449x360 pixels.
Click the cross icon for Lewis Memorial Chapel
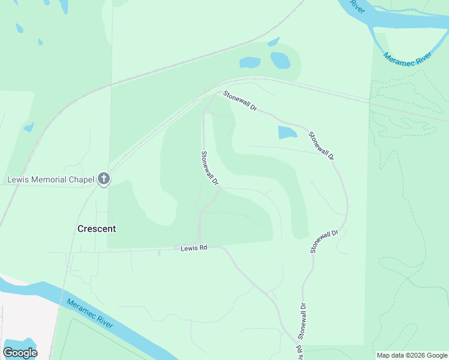(104, 179)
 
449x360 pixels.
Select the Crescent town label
(97, 229)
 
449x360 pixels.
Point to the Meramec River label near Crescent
(89, 314)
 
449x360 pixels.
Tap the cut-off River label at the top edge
(357, 6)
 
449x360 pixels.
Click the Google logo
(20, 353)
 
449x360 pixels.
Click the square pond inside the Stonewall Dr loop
(288, 132)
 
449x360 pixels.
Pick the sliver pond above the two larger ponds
(274, 42)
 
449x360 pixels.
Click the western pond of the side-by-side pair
(250, 62)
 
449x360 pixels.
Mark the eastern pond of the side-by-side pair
(280, 60)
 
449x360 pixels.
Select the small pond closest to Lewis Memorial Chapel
(29, 127)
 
